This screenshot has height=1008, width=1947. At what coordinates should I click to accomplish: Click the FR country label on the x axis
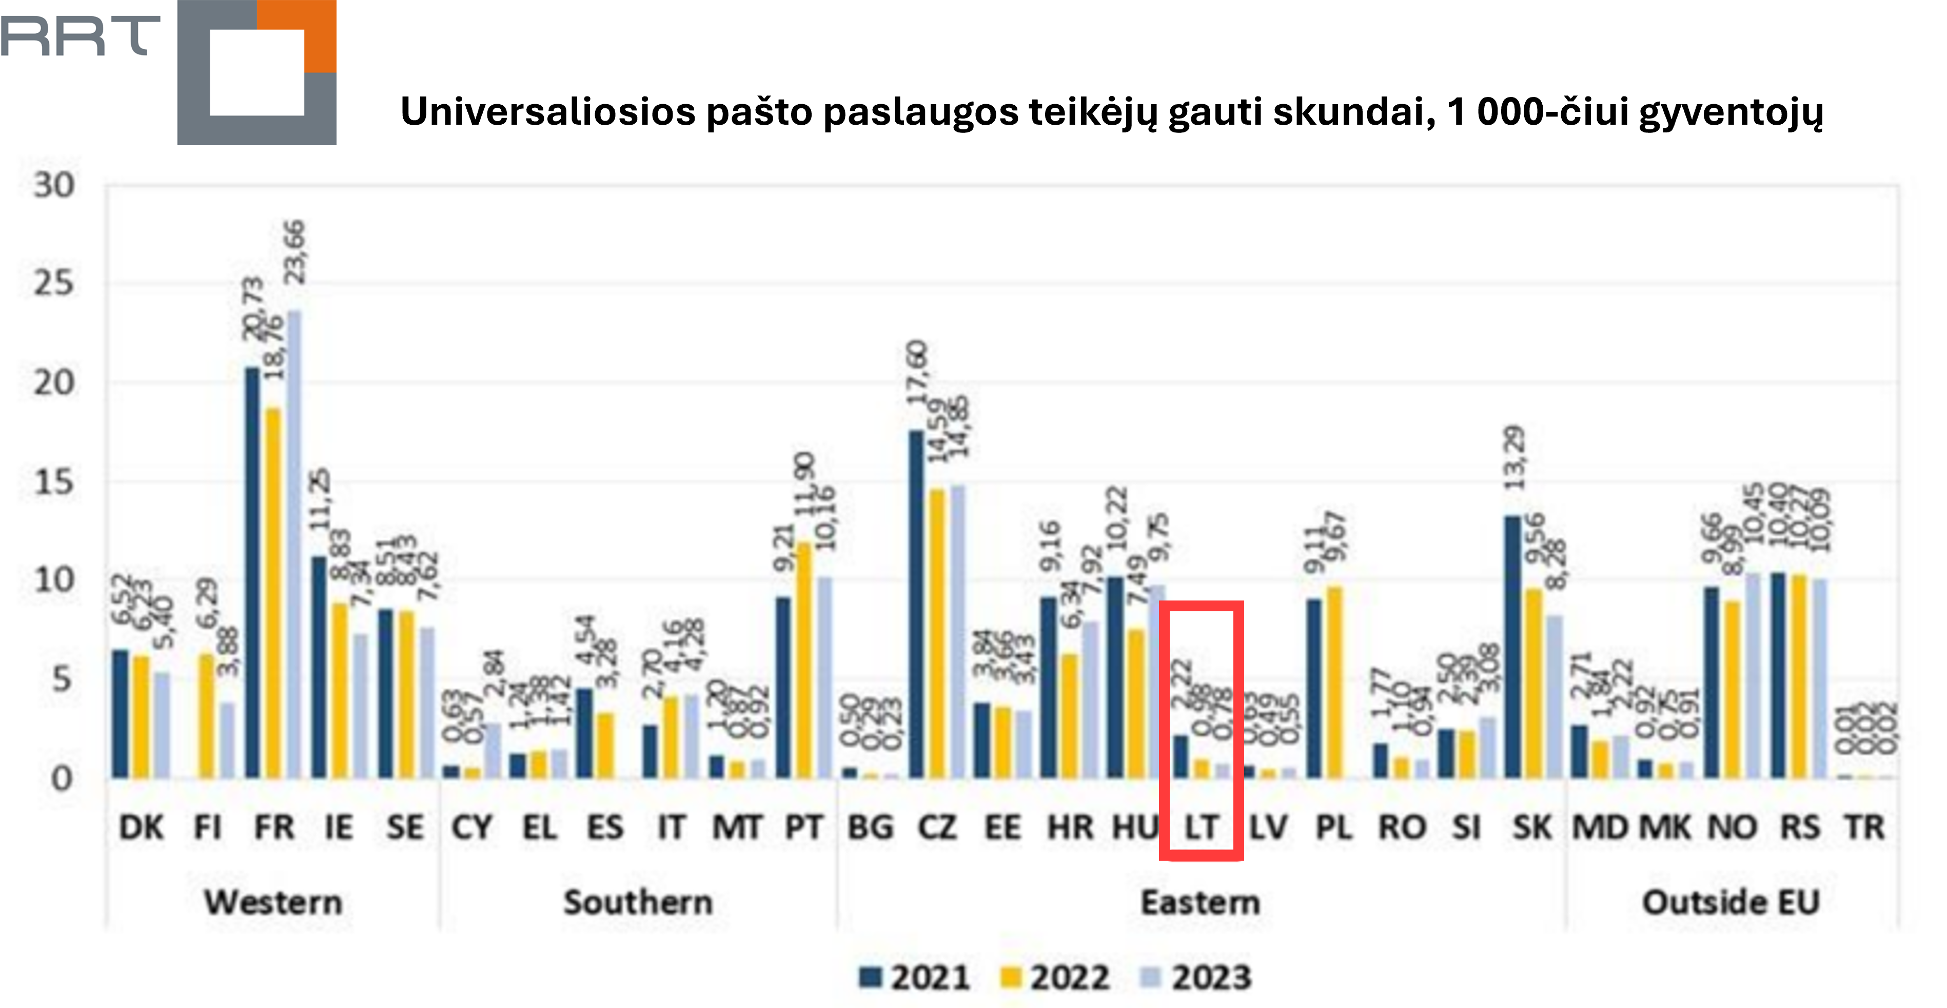pos(273,827)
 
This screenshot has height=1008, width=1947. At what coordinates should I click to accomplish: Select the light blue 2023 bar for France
pos(293,545)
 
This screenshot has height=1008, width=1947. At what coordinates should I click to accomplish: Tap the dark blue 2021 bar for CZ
pos(916,605)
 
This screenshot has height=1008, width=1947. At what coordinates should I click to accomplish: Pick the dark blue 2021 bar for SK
pos(1512,647)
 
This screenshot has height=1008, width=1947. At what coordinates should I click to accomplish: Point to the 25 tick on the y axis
pos(54,284)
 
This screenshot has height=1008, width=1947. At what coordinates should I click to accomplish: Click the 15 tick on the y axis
pos(54,482)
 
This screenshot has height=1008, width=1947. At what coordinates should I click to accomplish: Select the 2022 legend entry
pos(1055,977)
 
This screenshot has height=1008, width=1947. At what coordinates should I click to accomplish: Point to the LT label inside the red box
pos(1201,827)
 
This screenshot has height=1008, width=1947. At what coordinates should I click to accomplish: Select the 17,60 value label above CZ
pos(917,372)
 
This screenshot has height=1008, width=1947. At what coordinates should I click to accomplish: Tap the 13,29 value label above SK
pos(1515,457)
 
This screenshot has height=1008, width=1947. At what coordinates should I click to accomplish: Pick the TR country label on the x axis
pos(1865,827)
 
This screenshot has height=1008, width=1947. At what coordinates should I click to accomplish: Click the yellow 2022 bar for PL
pos(1335,682)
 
